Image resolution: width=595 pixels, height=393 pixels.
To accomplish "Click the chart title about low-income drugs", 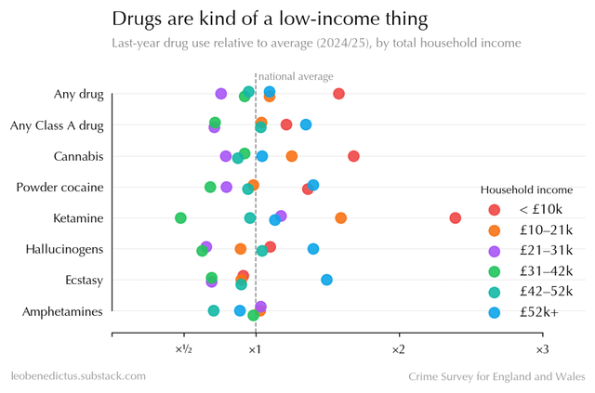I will click(x=271, y=19).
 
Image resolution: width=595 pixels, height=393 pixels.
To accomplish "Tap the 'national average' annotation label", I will click(x=296, y=76).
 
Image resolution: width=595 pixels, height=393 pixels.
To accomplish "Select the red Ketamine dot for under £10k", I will click(x=455, y=217).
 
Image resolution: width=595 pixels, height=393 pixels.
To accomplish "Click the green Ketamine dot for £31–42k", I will click(x=180, y=217).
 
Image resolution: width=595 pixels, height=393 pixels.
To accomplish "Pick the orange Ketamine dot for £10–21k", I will click(x=341, y=217).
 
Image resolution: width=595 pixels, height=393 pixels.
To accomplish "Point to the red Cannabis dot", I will click(x=353, y=155).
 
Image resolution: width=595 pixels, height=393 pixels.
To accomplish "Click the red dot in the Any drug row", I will click(x=338, y=94).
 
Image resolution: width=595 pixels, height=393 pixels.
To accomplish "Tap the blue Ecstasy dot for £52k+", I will click(x=326, y=280).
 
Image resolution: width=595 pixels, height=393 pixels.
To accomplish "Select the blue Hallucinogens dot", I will click(x=313, y=248).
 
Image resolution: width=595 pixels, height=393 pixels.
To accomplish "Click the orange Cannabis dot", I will click(x=292, y=156).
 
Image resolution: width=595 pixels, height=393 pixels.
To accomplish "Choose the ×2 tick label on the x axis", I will click(x=398, y=349).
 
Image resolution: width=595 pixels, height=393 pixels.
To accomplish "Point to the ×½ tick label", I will click(x=183, y=349).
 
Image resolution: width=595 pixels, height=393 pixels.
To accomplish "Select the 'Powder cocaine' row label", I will click(x=59, y=187).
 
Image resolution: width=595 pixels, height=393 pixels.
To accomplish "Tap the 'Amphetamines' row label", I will click(x=62, y=311).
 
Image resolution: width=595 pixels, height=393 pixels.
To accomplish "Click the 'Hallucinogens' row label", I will click(x=64, y=249).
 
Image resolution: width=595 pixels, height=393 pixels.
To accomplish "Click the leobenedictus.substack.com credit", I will click(x=78, y=376).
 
